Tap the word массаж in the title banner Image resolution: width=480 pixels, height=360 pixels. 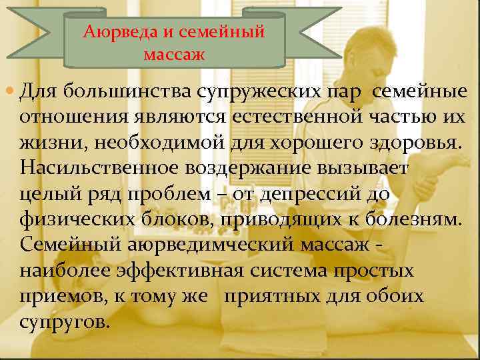(174, 51)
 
